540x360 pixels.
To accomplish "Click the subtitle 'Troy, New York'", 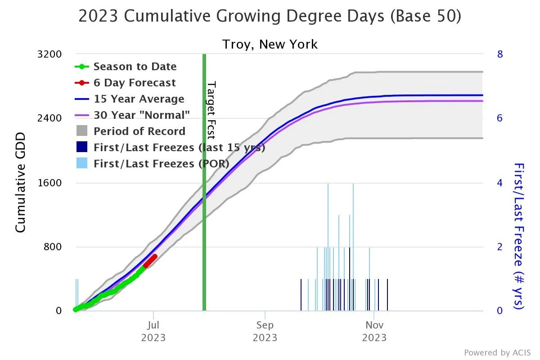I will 270,45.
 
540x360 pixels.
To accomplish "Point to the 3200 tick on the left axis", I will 49,54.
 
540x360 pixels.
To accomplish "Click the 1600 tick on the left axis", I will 49,183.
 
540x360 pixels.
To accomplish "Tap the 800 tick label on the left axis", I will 52,247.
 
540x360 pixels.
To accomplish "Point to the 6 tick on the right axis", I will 499,118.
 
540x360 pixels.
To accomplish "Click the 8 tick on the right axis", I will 499,54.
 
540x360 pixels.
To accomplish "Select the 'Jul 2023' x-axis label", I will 153,331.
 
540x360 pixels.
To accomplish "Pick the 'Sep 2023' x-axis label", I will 265,331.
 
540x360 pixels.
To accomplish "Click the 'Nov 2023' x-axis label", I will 374,331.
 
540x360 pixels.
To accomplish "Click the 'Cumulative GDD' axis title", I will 20,182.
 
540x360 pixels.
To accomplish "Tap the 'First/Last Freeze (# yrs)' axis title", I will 519,236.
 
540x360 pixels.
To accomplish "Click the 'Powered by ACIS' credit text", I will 497,352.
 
